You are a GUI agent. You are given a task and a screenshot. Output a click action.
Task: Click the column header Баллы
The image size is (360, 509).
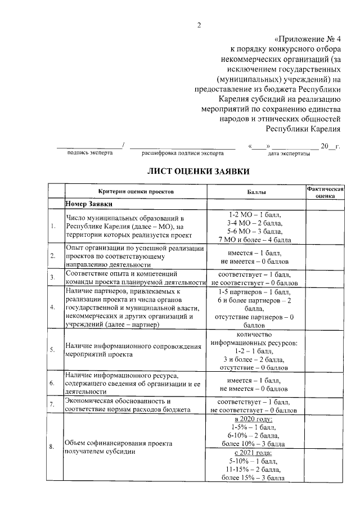click(256, 192)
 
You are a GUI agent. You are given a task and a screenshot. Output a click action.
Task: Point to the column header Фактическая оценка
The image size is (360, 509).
click(325, 192)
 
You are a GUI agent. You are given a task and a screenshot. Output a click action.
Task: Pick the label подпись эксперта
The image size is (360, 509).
click(89, 152)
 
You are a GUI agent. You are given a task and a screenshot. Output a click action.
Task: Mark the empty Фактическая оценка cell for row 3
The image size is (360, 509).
click(325, 277)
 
